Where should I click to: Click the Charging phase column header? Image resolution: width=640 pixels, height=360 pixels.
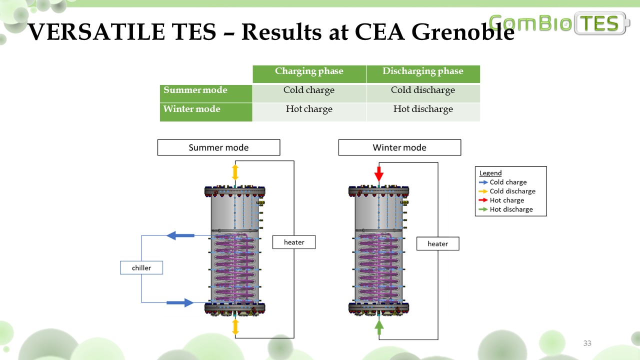309,71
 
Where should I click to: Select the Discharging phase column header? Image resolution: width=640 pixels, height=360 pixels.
423,71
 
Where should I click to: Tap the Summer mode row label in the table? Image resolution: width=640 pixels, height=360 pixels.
195,90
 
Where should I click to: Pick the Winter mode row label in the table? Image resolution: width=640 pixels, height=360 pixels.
192,109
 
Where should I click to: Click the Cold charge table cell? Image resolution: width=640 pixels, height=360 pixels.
309,90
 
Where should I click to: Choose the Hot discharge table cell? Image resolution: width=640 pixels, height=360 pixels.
423,109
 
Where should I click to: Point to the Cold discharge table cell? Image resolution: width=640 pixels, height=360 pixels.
423,90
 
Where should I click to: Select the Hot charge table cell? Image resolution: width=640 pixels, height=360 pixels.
309,109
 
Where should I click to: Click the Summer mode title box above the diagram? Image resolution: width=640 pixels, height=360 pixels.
218,147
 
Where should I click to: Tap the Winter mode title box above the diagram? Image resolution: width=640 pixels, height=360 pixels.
399,147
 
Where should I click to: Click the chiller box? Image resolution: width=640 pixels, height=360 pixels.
141,268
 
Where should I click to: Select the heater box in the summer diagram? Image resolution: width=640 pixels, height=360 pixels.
294,242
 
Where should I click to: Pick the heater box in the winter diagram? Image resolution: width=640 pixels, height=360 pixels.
437,244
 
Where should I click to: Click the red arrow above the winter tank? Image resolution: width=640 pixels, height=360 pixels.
379,174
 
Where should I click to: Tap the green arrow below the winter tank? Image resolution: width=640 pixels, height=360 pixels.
379,327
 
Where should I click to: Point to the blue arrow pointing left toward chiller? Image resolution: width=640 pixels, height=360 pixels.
180,235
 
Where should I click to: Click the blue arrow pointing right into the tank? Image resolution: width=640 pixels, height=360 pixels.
180,302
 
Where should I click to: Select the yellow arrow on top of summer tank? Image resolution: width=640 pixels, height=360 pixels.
235,172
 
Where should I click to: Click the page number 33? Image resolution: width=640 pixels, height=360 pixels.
587,343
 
